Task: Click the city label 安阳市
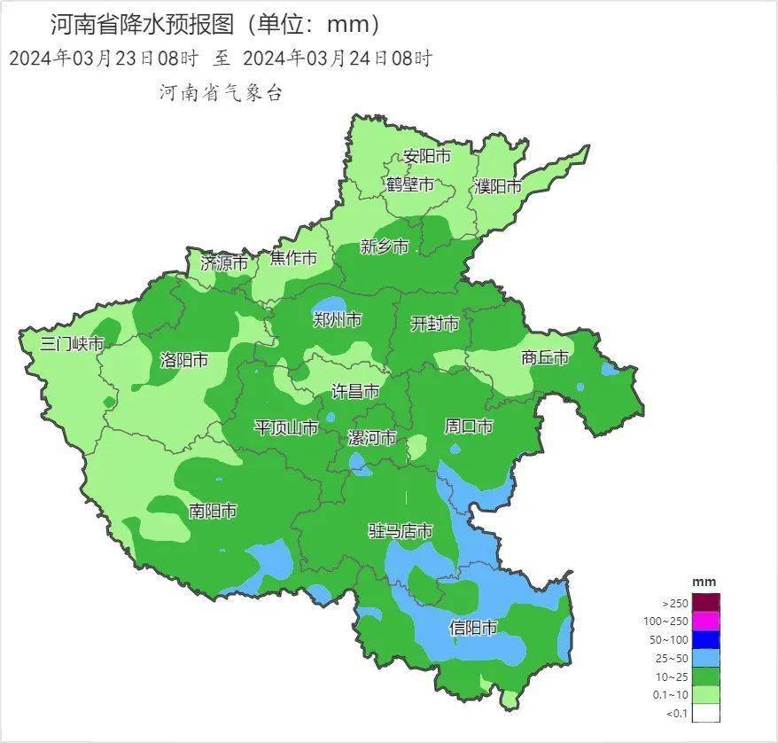point(427,156)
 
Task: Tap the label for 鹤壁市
point(410,184)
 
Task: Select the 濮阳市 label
point(497,186)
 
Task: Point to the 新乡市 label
point(385,246)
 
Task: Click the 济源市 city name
point(224,262)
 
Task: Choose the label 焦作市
point(293,258)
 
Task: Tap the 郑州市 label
point(338,319)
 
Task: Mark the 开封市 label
point(435,324)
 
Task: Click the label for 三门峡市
point(73,344)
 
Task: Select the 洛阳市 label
point(183,360)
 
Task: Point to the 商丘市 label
point(545,357)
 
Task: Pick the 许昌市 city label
point(355,391)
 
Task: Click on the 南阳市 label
point(213,511)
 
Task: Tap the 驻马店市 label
point(401,531)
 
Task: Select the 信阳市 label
point(473,628)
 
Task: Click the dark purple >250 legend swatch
point(706,603)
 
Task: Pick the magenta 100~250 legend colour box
point(706,621)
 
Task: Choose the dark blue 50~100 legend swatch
point(706,639)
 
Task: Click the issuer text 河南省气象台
point(221,92)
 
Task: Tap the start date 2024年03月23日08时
point(103,59)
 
